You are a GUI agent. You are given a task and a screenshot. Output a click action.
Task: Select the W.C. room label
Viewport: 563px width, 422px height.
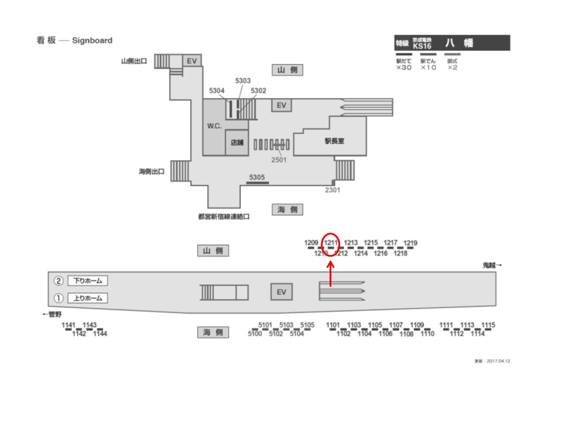coord(214,127)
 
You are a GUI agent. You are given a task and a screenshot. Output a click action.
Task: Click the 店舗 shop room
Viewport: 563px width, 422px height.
coord(237,142)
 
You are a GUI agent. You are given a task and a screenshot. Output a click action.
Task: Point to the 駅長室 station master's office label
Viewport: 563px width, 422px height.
coord(334,141)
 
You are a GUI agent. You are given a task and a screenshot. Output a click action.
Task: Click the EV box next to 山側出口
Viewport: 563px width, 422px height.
coord(191,60)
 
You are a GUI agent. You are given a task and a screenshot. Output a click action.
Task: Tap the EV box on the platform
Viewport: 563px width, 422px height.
coord(281,292)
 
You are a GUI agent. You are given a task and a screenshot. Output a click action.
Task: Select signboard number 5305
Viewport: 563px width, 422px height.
coord(257,177)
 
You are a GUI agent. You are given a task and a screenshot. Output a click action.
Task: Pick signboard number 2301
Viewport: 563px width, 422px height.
coord(333,190)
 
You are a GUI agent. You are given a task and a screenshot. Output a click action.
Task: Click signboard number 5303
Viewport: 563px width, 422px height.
coord(243,81)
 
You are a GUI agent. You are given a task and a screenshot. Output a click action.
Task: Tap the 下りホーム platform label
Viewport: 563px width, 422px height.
coord(88,281)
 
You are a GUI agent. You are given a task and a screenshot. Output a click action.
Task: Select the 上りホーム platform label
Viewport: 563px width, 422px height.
coord(88,298)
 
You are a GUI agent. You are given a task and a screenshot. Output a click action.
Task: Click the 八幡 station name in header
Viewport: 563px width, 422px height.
coord(459,43)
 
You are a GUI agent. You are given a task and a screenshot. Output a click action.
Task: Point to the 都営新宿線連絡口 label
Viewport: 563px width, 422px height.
coord(224,216)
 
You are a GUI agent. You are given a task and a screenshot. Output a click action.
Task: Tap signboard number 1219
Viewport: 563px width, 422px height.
coord(411,243)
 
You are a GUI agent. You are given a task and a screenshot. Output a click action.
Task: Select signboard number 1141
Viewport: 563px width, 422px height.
coord(69,325)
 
